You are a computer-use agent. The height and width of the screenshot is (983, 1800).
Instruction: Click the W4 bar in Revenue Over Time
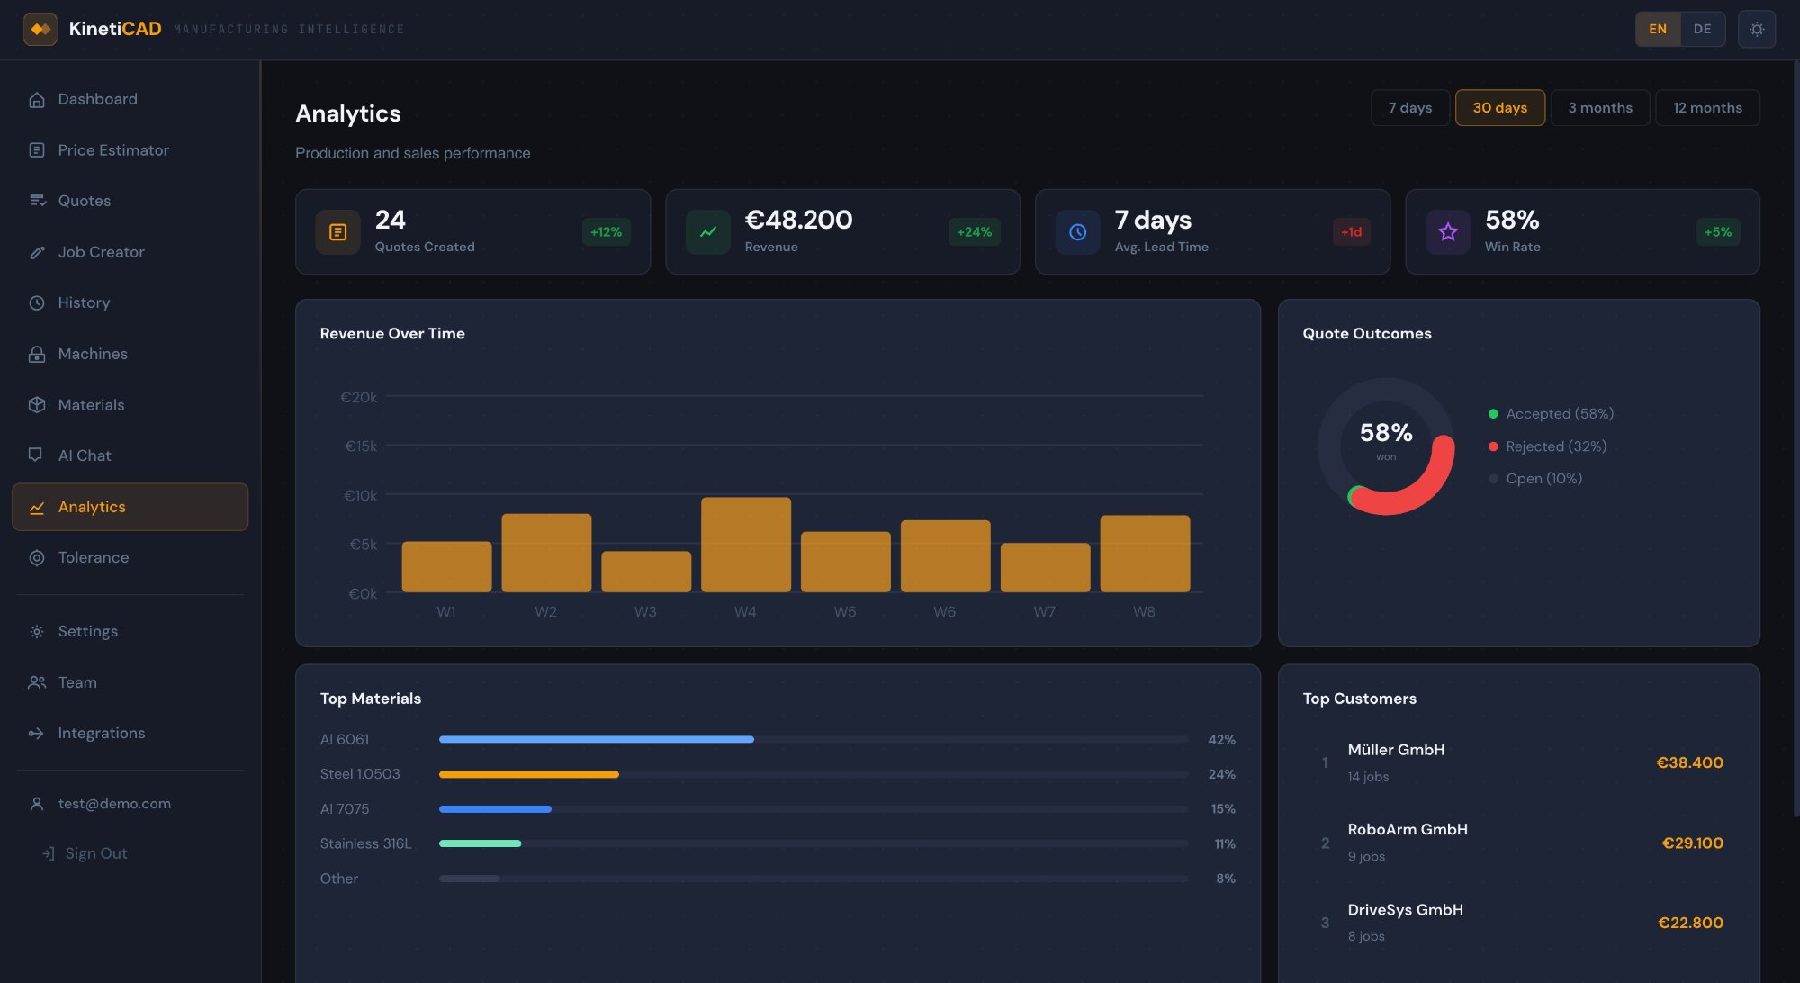745,545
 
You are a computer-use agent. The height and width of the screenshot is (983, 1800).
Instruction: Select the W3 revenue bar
646,572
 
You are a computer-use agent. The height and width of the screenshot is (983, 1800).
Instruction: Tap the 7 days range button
1409,108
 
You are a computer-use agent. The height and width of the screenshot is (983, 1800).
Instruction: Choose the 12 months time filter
1706,108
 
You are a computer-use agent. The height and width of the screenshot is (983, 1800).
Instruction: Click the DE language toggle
1702,29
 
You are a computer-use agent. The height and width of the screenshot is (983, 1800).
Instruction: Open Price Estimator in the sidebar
113,150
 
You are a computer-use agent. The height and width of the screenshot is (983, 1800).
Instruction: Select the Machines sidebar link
93,354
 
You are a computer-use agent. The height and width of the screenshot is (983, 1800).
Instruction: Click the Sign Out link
95,853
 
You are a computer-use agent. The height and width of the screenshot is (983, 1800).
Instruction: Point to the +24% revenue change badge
974,232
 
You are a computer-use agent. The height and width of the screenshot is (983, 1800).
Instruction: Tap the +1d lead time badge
1351,232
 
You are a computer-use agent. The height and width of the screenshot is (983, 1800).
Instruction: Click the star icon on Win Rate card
1447,232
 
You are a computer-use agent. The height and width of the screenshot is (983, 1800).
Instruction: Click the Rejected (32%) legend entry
1555,446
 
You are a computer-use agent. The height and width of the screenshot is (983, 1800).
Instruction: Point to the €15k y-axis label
361,446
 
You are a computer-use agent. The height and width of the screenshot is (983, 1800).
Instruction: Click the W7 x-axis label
1044,612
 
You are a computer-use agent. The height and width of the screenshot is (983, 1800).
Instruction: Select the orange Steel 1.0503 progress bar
529,774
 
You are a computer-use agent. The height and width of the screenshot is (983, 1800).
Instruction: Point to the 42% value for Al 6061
1221,740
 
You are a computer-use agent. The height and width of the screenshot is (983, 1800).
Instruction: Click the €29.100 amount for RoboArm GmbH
1692,843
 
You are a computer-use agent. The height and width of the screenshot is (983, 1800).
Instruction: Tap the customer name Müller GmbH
1396,750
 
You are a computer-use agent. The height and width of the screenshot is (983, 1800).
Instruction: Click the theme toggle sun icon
1756,29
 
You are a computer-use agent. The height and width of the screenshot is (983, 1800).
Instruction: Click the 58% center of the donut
1386,434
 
